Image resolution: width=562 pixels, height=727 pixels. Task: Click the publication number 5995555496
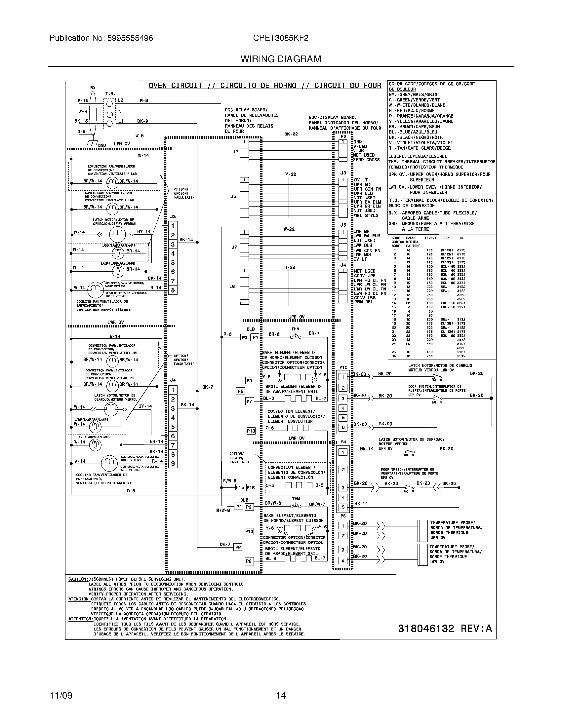pyautogui.click(x=130, y=38)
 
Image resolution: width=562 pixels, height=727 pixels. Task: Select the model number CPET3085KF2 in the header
pyautogui.click(x=280, y=38)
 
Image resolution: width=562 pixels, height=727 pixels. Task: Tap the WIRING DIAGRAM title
pyautogui.click(x=281, y=59)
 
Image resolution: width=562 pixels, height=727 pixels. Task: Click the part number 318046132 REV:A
pyautogui.click(x=445, y=629)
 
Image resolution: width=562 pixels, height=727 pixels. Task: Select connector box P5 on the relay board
pyautogui.click(x=240, y=392)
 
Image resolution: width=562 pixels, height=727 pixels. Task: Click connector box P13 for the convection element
pyautogui.click(x=251, y=431)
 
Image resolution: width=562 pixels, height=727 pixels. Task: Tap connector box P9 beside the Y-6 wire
pyautogui.click(x=249, y=380)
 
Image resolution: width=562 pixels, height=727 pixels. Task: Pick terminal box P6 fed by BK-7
pyautogui.click(x=237, y=547)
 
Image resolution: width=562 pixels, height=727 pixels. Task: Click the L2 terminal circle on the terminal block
pyautogui.click(x=109, y=103)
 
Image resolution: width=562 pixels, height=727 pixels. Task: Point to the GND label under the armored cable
pyautogui.click(x=102, y=145)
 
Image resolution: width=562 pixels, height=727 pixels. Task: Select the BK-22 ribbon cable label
pyautogui.click(x=291, y=134)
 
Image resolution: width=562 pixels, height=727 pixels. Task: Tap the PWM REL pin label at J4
pyautogui.click(x=364, y=302)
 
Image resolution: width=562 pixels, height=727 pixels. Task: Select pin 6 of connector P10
pyautogui.click(x=343, y=427)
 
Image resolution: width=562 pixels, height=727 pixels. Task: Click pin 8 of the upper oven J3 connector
pyautogui.click(x=173, y=290)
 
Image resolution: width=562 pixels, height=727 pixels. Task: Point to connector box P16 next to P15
pyautogui.click(x=251, y=488)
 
